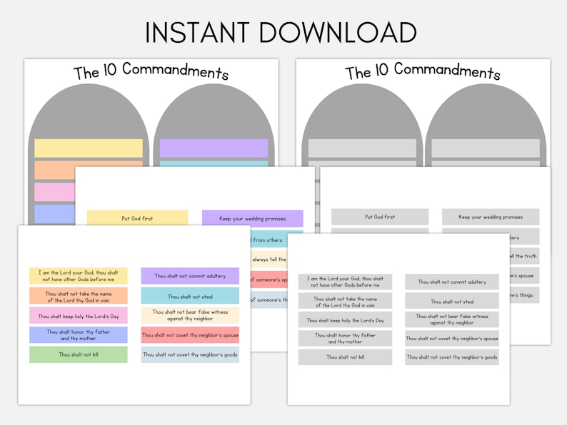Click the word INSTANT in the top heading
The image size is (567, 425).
click(x=196, y=33)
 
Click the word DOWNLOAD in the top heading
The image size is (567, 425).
click(x=338, y=33)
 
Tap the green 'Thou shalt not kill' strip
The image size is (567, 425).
click(x=79, y=354)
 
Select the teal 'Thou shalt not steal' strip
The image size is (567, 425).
click(x=190, y=296)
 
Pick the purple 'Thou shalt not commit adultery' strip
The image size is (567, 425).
click(x=190, y=276)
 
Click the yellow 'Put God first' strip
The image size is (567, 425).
click(x=137, y=218)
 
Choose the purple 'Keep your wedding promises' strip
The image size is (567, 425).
click(x=252, y=218)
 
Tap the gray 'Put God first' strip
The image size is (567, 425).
click(x=380, y=217)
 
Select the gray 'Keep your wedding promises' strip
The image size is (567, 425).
click(x=491, y=217)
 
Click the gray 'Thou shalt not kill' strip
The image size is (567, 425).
click(x=345, y=357)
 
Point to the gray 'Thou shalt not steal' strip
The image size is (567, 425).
click(x=452, y=302)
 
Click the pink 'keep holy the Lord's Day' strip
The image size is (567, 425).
click(x=79, y=315)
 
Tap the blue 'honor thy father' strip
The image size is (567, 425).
click(x=79, y=334)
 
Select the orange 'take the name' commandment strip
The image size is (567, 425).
click(x=79, y=295)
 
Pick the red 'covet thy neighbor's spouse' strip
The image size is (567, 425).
click(x=190, y=335)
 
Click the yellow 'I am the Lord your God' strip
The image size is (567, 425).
click(x=79, y=275)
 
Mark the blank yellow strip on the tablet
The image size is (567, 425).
click(x=88, y=148)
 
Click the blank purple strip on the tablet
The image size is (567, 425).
click(x=214, y=148)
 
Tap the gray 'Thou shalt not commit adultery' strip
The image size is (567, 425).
click(x=452, y=282)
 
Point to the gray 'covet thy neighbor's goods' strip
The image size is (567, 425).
click(x=452, y=357)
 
